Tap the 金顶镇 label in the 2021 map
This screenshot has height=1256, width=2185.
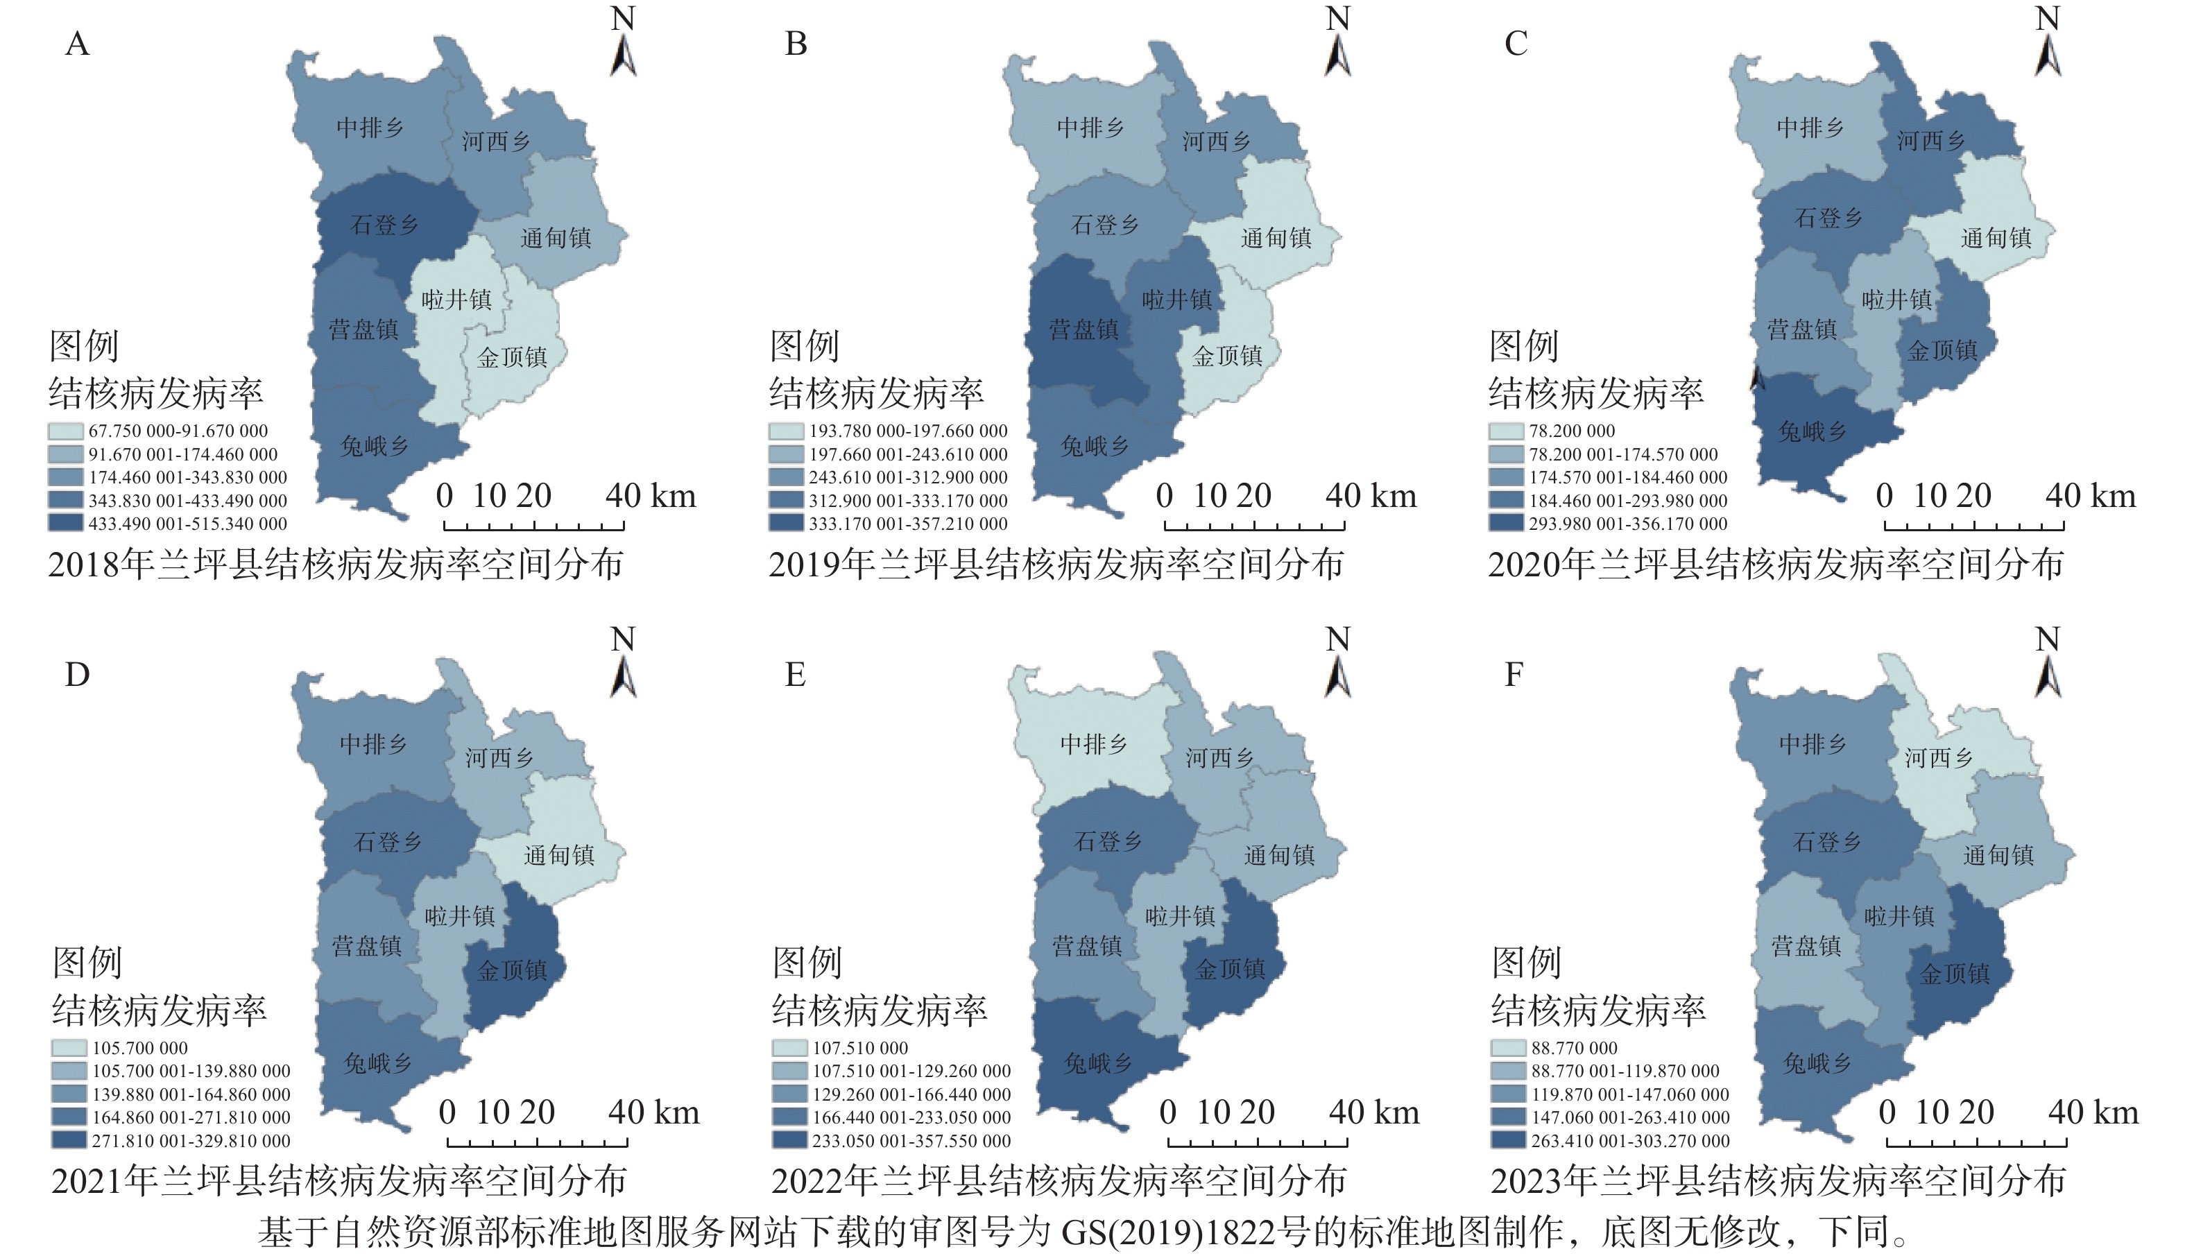coord(513,970)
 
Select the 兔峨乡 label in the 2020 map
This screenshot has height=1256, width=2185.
coord(1813,431)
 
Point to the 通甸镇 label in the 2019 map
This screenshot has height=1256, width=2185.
coord(1276,238)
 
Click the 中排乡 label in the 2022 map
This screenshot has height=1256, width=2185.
coord(1093,743)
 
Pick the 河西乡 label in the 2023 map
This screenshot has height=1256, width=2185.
coord(1938,757)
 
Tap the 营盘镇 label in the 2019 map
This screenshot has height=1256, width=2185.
coord(1083,329)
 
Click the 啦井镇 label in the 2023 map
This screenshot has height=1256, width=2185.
coord(1899,915)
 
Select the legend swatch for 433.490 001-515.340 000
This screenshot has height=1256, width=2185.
coord(67,524)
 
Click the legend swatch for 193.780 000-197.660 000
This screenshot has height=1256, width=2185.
coord(787,431)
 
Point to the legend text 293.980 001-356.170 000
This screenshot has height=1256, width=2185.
coord(1628,524)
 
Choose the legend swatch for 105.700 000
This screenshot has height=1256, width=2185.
coord(69,1048)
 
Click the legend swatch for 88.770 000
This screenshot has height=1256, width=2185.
coord(1508,1048)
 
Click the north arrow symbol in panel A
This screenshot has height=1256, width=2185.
coord(624,56)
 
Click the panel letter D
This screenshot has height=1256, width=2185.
coord(77,675)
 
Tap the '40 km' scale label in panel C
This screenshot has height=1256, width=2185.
coord(2090,496)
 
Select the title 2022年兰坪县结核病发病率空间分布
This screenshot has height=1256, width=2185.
coord(1059,1181)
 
